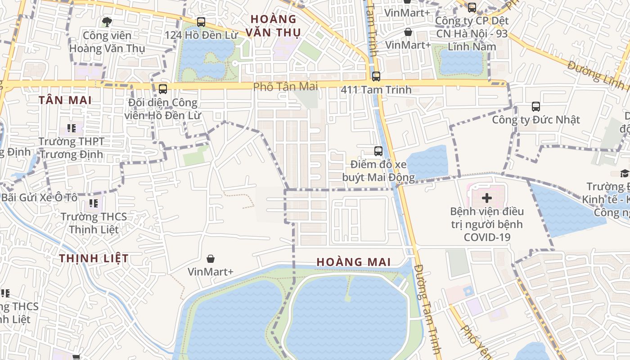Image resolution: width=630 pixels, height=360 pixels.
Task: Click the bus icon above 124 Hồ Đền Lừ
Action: [201, 22]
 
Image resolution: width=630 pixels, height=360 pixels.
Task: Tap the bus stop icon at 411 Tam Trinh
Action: [376, 76]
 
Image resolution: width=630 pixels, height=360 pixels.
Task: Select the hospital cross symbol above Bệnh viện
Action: [487, 198]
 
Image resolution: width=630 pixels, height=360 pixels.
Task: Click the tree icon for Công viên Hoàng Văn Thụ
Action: [107, 22]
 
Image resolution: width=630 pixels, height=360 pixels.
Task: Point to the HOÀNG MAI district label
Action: [353, 262]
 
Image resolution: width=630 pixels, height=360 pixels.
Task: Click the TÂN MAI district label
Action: [65, 100]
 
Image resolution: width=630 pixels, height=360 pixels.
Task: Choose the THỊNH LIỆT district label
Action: [94, 258]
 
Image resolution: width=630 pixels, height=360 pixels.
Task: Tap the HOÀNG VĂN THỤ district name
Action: [274, 26]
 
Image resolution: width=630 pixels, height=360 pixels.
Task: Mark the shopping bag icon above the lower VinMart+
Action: [210, 259]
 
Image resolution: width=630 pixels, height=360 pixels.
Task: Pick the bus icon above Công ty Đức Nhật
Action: [535, 107]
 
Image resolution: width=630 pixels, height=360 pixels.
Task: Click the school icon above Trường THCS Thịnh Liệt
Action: [94, 203]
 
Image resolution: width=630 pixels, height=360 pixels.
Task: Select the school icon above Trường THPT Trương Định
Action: [71, 128]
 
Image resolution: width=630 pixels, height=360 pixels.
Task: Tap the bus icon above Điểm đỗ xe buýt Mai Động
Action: [378, 151]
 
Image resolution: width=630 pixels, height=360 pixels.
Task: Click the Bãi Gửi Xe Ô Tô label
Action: [39, 198]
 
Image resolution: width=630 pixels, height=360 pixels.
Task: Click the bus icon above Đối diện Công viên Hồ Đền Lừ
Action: [163, 89]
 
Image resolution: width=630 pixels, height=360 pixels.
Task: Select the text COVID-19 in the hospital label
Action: [487, 237]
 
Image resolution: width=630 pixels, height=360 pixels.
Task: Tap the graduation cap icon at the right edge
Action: [625, 173]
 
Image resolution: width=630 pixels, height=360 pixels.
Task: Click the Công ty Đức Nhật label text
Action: [535, 120]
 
